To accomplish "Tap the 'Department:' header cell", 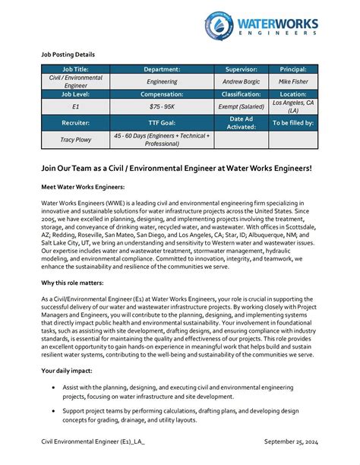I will pyautogui.click(x=163, y=69).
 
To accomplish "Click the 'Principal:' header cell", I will pyautogui.click(x=292, y=69).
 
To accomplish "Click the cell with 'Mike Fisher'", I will pyautogui.click(x=292, y=81).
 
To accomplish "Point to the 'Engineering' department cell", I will pyautogui.click(x=163, y=81).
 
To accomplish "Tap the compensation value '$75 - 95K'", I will pyautogui.click(x=163, y=107).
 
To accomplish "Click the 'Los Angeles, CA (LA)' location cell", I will pyautogui.click(x=292, y=106).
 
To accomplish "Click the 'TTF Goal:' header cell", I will pyautogui.click(x=163, y=122).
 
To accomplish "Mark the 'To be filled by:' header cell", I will pyautogui.click(x=292, y=122).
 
